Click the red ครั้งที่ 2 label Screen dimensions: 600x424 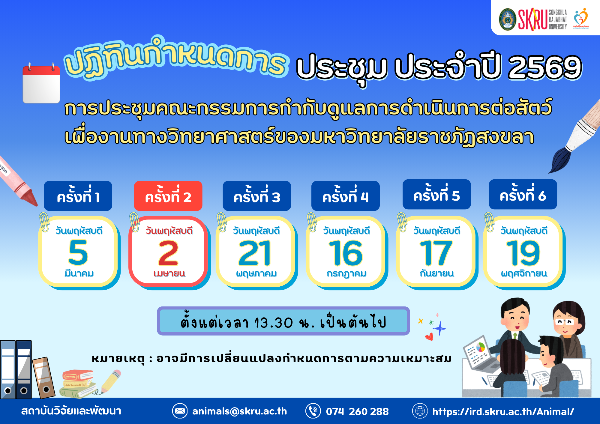pos(168,196)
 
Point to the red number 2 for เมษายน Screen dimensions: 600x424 pos(168,253)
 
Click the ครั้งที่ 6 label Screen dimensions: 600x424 pos(523,195)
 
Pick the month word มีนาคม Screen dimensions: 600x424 pos(79,273)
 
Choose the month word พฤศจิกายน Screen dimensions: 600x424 pos(524,273)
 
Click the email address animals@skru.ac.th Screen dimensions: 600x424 pos(239,411)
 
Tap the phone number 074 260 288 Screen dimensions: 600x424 pos(357,411)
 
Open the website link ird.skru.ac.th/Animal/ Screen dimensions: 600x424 pos(503,411)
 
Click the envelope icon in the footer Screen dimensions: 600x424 pos(180,411)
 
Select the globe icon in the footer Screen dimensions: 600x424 pos(420,411)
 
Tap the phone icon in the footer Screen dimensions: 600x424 pos(313,411)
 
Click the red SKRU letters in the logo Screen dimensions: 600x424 pos(532,19)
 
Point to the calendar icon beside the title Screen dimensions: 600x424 pos(41,83)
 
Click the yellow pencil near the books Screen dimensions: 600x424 pos(111,381)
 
